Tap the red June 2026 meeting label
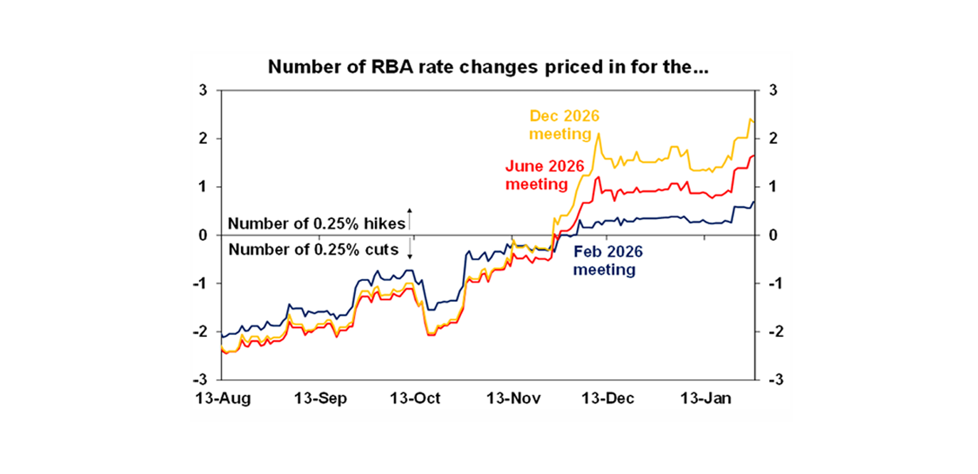click(536, 175)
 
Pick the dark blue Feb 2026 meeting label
click(607, 261)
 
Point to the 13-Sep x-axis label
click(320, 399)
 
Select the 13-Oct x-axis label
click(415, 399)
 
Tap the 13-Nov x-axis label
click(514, 399)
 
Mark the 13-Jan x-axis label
click(706, 399)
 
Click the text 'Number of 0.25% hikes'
click(316, 224)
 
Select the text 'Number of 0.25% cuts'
click(313, 249)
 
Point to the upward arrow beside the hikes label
click(410, 218)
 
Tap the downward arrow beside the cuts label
click(410, 248)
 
